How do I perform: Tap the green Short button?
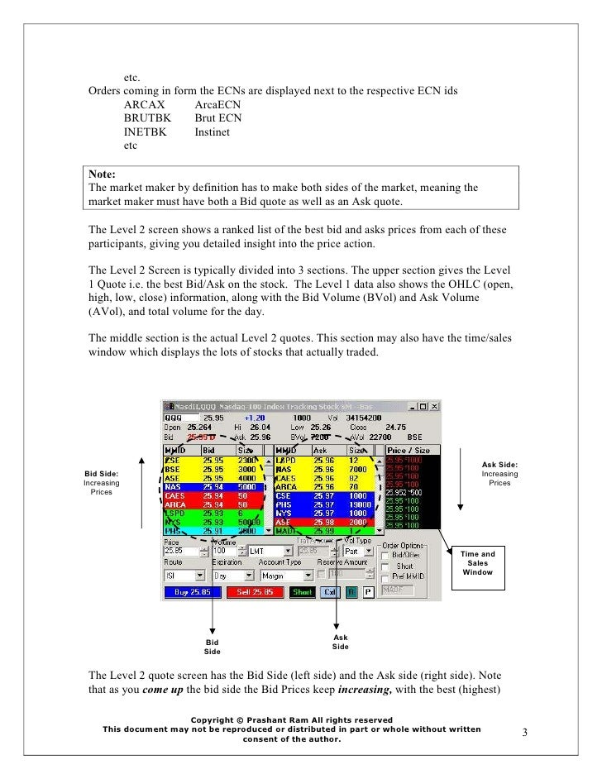tap(302, 592)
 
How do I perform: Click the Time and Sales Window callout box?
tap(477, 564)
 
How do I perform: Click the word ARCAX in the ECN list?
tap(144, 105)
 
